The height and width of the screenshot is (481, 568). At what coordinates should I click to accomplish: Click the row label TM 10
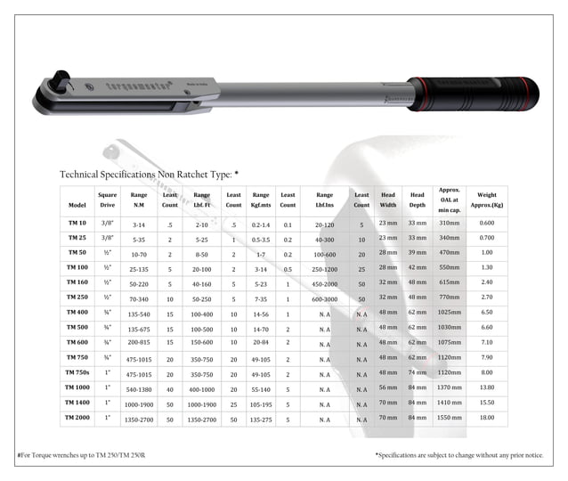77,224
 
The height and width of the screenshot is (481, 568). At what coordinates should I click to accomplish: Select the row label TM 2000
77,417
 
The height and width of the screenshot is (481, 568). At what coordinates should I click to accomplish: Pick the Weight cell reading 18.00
487,417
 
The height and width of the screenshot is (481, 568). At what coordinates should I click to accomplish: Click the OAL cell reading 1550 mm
449,417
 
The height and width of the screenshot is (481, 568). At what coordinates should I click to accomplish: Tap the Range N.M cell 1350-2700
138,417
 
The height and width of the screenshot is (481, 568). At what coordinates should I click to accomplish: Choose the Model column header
77,205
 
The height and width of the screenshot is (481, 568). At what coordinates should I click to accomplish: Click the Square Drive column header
107,200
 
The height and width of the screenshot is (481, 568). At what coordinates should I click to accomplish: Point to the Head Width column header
388,200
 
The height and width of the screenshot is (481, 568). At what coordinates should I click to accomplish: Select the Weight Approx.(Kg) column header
487,200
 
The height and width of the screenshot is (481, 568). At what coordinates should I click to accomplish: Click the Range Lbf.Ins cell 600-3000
324,298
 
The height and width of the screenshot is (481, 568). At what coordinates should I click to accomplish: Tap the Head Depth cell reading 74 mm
418,372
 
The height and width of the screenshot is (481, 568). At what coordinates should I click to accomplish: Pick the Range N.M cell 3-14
138,224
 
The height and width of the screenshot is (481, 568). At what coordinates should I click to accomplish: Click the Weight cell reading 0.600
487,223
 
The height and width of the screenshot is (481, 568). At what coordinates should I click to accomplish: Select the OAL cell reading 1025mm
449,313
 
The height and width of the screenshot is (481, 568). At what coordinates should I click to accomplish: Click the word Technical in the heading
84,174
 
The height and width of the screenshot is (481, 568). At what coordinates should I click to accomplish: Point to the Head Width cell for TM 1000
388,387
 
